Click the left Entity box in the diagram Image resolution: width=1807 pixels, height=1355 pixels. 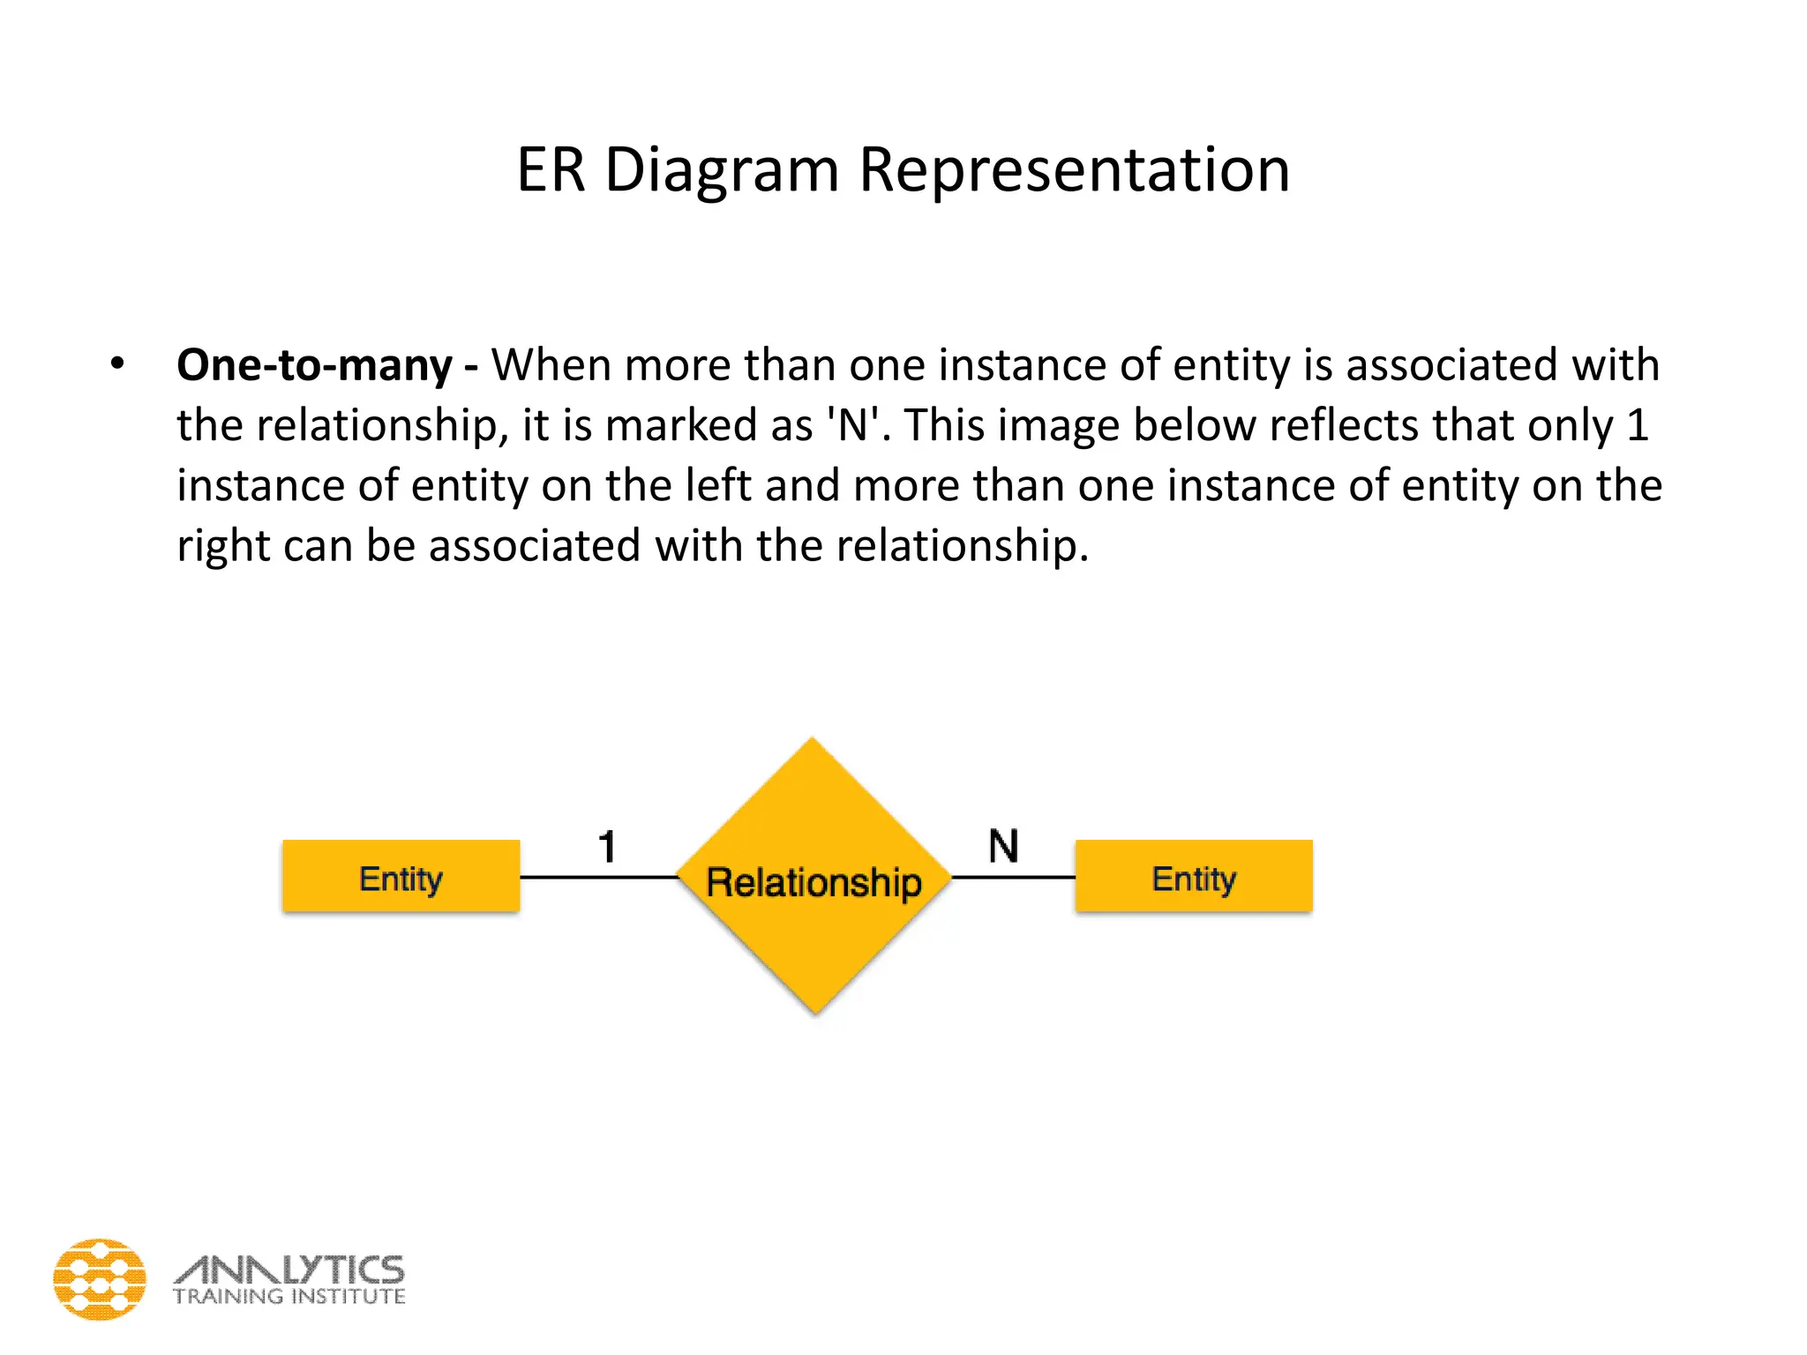401,876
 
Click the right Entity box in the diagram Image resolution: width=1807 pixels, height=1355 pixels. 1193,876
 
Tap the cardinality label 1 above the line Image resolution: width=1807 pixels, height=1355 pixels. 606,847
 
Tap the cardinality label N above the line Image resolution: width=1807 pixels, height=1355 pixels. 1003,846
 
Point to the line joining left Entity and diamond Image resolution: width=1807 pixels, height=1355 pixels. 598,877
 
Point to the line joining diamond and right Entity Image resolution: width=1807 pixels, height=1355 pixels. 1013,877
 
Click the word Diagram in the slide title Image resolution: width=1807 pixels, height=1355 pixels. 721,169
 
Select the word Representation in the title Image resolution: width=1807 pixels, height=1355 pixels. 1074,169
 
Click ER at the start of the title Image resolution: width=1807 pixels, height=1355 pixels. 551,169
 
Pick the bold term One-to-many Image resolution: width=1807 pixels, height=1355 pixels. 314,365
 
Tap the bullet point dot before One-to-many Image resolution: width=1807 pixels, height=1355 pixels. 117,363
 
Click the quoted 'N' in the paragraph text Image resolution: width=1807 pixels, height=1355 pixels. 852,425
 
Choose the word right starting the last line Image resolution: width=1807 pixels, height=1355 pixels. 222,546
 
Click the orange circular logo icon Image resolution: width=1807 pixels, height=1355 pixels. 100,1279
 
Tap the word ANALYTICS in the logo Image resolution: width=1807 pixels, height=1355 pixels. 289,1269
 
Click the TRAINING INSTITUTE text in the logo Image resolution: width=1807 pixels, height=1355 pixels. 289,1297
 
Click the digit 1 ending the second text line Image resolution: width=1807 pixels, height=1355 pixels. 1638,425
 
